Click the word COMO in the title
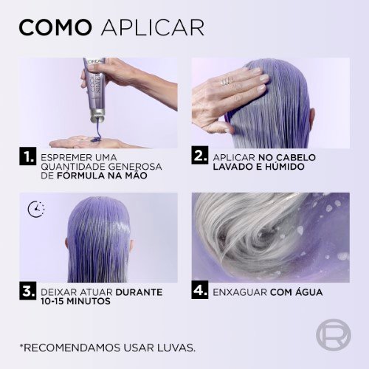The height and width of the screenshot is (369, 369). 55,27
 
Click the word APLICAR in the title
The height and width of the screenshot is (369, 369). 153,27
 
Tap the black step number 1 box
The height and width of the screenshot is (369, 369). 28,156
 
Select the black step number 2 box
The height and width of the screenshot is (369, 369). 200,156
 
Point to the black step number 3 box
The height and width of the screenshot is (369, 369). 28,291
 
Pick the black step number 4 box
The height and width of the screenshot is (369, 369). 200,290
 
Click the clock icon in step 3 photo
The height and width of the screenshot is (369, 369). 36,210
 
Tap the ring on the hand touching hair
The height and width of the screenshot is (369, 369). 226,81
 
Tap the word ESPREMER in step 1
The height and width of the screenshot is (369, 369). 65,157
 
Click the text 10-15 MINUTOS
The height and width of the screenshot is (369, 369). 75,301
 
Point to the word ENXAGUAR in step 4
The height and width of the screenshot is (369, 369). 240,292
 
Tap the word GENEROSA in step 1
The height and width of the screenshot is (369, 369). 135,167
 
